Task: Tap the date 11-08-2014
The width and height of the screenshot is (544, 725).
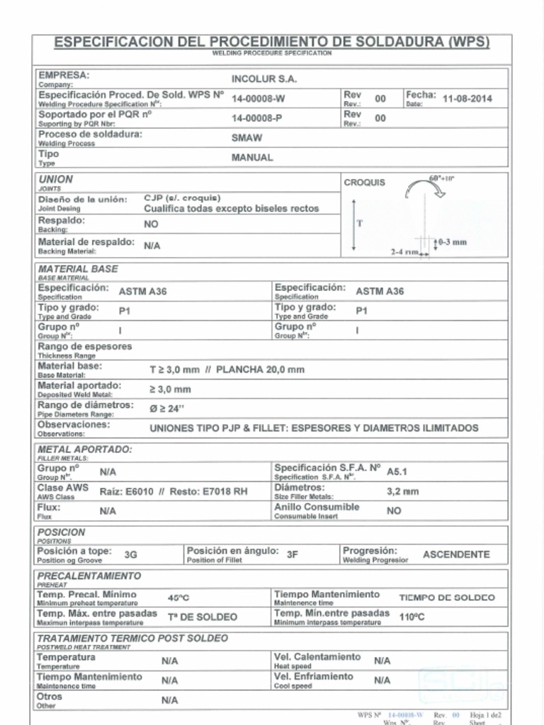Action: click(x=467, y=99)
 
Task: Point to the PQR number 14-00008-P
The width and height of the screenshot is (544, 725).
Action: click(x=257, y=118)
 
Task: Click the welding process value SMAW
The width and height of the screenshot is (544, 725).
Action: click(x=246, y=138)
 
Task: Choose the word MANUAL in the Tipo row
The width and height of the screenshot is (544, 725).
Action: click(x=252, y=158)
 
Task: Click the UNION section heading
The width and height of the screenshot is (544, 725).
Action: click(x=55, y=180)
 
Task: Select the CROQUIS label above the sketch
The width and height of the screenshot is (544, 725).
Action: click(x=365, y=183)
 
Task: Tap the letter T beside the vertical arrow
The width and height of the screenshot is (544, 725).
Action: click(x=360, y=223)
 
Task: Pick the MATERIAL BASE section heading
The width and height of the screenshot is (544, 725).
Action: click(x=78, y=269)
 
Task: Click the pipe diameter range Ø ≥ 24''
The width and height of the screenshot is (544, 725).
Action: click(x=166, y=409)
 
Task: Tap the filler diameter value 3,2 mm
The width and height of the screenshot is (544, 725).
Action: click(x=402, y=491)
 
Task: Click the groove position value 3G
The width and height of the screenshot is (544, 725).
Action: click(x=130, y=555)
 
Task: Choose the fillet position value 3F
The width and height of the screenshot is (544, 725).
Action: click(x=292, y=555)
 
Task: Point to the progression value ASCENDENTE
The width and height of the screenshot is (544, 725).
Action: click(x=456, y=555)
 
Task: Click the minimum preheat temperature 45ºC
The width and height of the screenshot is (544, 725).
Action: click(x=178, y=598)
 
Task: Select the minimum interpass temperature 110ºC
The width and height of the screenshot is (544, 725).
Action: click(x=412, y=617)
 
